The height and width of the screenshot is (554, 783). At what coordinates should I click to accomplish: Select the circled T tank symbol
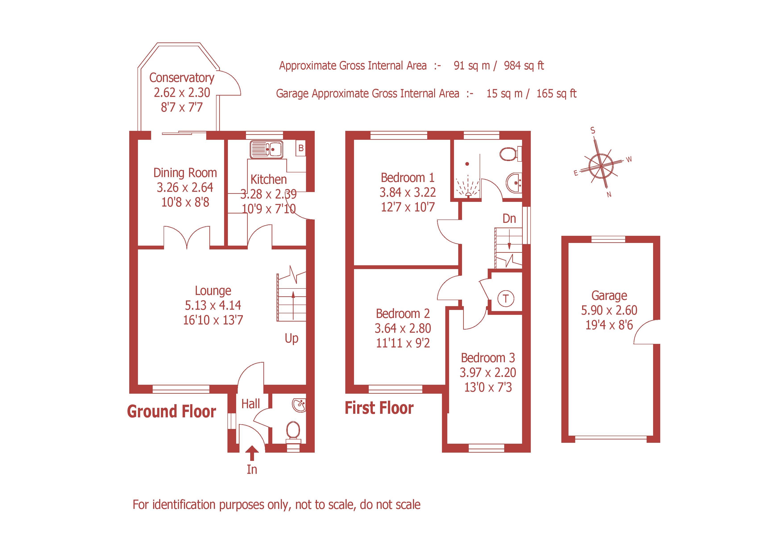506,299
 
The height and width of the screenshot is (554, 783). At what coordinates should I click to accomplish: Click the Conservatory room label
182,78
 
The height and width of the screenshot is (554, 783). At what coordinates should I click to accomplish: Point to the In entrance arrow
252,454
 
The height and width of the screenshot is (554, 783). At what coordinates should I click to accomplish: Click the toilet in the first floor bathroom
510,154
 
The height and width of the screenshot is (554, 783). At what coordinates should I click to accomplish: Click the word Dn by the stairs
509,219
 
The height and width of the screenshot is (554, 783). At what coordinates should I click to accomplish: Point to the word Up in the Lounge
292,338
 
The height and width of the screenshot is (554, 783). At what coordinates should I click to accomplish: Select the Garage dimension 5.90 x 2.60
609,310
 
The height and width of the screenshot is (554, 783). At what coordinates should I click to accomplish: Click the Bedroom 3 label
488,358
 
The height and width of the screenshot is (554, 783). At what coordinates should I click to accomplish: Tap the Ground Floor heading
172,411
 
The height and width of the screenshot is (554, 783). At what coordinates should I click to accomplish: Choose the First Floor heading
379,408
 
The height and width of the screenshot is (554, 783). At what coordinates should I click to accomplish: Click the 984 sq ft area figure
524,65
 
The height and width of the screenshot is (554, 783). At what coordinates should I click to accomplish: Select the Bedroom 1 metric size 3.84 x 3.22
408,192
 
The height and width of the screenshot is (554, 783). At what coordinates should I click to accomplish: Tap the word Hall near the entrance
251,404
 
